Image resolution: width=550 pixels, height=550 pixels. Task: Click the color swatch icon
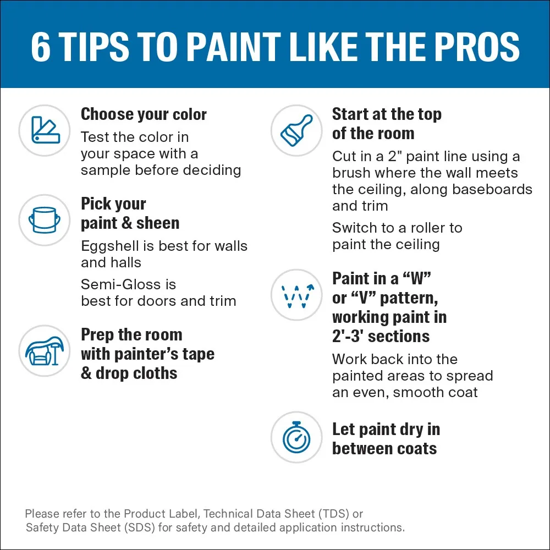click(x=45, y=130)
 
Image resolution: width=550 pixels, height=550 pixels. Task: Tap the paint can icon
click(x=45, y=220)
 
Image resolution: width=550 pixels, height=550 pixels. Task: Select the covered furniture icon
click(x=45, y=351)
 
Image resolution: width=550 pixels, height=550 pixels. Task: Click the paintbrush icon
click(x=296, y=130)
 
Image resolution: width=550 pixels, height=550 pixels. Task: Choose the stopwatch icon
click(x=297, y=437)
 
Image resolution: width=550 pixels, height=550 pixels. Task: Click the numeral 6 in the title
click(x=41, y=47)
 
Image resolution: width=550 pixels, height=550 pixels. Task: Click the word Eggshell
click(x=110, y=246)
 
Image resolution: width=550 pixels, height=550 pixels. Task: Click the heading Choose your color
click(x=144, y=115)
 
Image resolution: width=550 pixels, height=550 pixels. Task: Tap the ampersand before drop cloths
click(x=86, y=373)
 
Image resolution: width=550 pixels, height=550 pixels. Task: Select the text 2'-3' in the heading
click(x=346, y=336)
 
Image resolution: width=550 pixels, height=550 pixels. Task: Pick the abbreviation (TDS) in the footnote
click(x=334, y=514)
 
